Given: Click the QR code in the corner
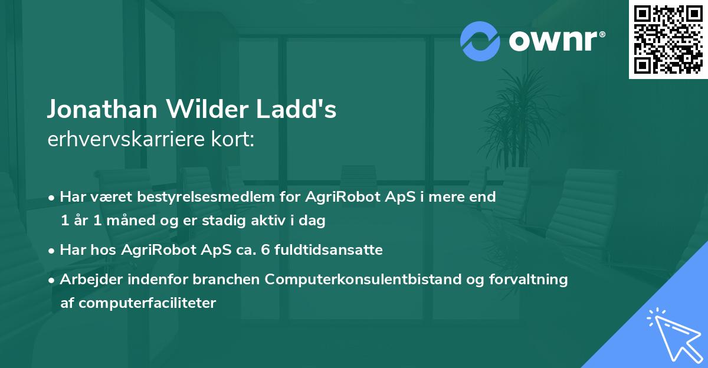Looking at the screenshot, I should point(668,39).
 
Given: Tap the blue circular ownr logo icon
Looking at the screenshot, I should point(481,40).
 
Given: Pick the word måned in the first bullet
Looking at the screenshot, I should point(124,221).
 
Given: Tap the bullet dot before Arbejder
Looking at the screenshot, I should point(53,280).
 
